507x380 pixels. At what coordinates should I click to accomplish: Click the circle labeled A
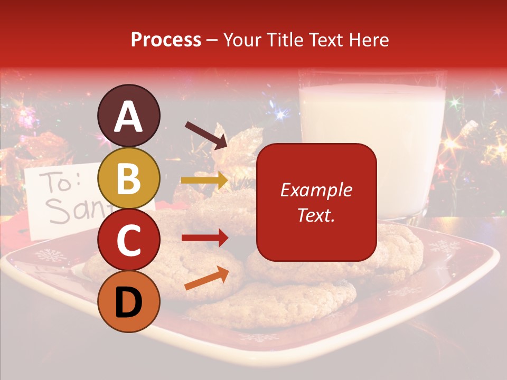pos(128,116)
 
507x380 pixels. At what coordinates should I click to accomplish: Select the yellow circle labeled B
pos(128,178)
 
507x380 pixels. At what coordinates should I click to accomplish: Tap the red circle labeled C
pos(128,240)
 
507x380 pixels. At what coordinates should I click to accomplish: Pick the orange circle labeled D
pos(128,302)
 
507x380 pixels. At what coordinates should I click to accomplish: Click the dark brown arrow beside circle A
pos(206,135)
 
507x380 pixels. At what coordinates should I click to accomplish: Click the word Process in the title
pos(166,40)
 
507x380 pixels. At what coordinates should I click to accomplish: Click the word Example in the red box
pos(316,190)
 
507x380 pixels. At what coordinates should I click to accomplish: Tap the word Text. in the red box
pos(316,215)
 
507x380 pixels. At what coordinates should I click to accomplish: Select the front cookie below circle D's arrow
pos(275,306)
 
